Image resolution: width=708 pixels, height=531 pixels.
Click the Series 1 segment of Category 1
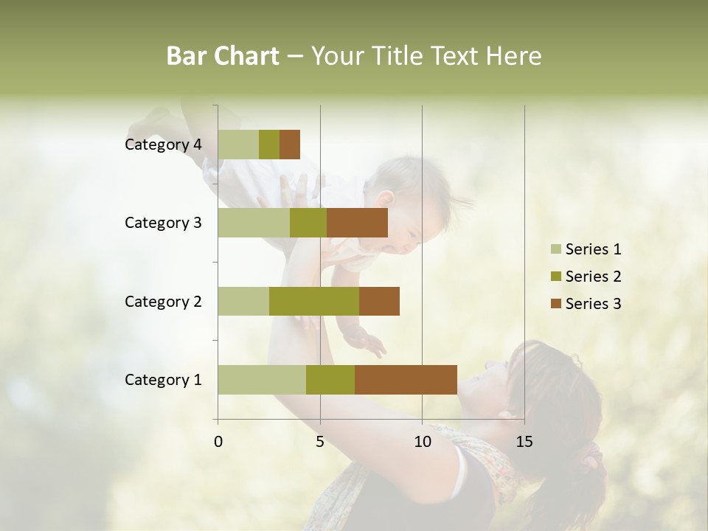pos(262,380)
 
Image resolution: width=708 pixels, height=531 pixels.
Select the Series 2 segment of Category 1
pos(330,380)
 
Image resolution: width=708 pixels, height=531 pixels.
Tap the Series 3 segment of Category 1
pos(406,380)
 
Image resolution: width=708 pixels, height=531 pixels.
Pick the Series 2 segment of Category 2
pos(314,301)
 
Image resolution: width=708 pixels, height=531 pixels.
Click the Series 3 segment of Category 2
pos(379,301)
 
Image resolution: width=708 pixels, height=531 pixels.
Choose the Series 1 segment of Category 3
pos(254,223)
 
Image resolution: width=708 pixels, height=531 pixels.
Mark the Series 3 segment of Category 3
pos(357,223)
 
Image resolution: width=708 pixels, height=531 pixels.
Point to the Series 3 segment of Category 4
pos(290,145)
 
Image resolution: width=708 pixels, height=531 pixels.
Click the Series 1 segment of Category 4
pos(238,145)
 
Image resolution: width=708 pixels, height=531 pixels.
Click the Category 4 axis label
pos(163,145)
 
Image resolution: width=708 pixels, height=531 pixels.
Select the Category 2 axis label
pos(163,302)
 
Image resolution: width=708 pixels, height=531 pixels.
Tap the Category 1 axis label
pos(163,380)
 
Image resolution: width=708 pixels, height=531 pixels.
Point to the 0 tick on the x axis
pos(218,442)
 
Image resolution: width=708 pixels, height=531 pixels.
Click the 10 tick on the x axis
pos(422,442)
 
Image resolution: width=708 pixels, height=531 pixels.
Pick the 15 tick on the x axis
pos(524,442)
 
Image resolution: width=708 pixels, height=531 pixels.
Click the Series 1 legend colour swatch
pos(555,249)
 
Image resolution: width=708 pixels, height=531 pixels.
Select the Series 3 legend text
pos(593,304)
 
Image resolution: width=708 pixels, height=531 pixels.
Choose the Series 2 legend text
pos(593,277)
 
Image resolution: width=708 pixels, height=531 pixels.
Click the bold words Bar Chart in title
pos(223,56)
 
